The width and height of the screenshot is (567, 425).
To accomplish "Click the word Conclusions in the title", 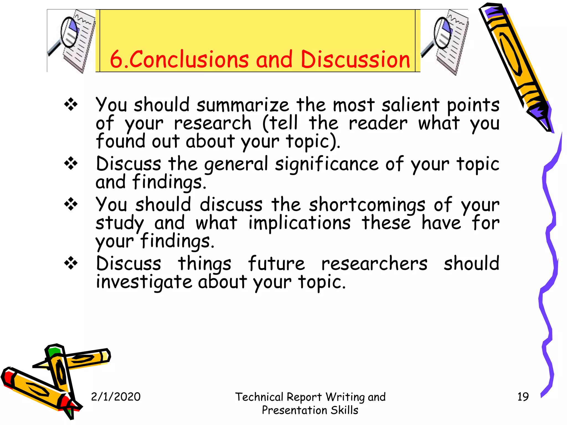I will tap(189, 59).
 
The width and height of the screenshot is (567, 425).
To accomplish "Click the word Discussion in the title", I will tap(355, 59).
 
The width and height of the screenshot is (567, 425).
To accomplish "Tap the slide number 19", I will tap(523, 397).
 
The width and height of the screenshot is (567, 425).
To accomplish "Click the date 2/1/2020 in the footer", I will tap(116, 397).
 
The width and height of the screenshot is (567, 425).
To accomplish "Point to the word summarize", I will tap(243, 105).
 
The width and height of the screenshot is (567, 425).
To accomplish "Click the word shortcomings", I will tap(367, 205).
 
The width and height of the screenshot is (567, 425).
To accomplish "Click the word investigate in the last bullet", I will tap(144, 282).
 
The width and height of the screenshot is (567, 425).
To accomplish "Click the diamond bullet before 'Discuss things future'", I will tap(71, 263).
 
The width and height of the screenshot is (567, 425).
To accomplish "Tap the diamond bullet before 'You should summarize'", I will tap(71, 105).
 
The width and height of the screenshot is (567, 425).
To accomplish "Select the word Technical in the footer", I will tap(259, 397).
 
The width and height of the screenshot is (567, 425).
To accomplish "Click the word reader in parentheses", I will tap(378, 123).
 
